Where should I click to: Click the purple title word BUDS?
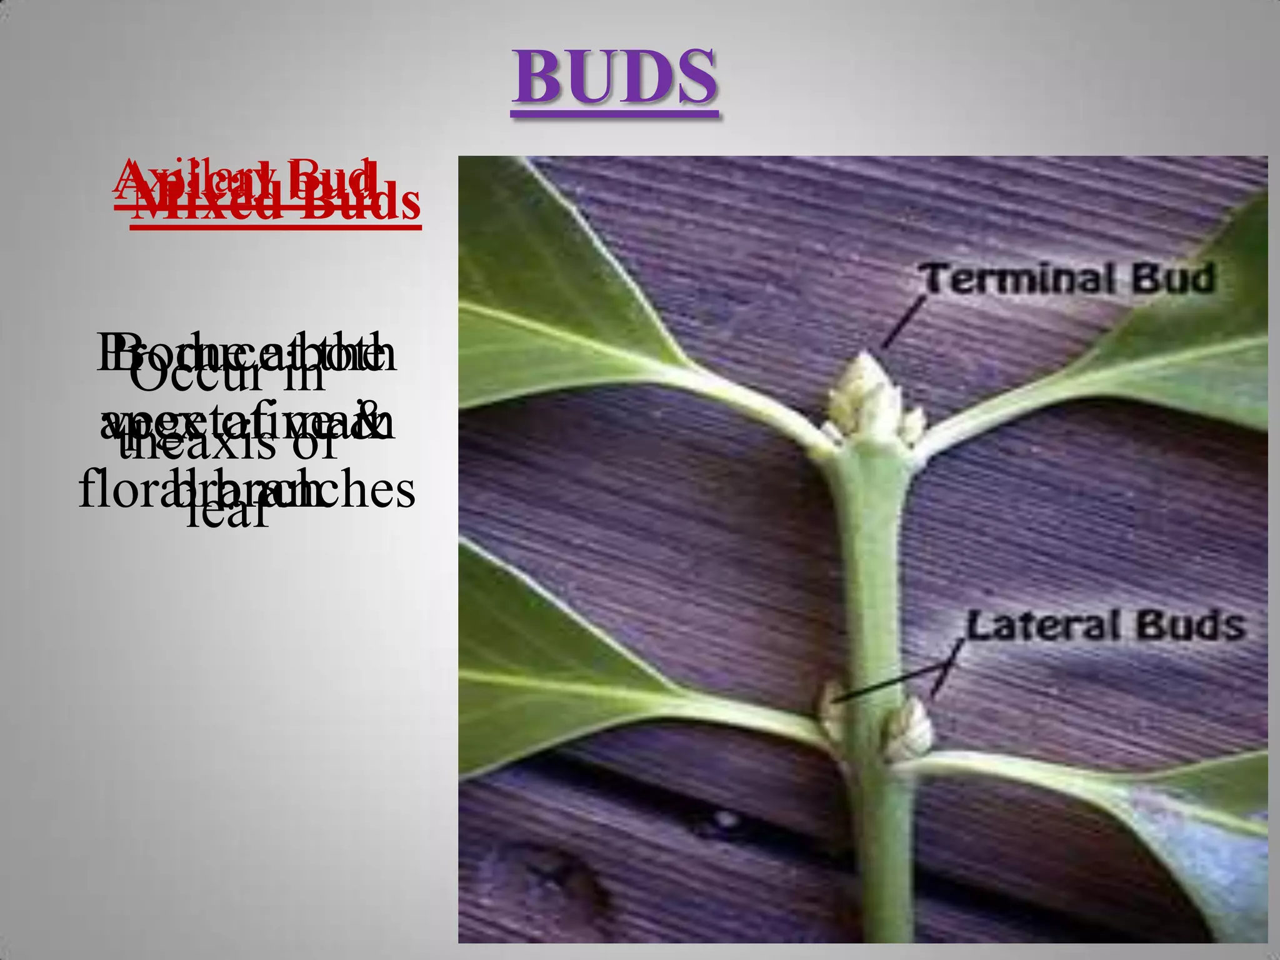615,77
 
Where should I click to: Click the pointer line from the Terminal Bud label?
902,322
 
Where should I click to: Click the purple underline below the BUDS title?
615,114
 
